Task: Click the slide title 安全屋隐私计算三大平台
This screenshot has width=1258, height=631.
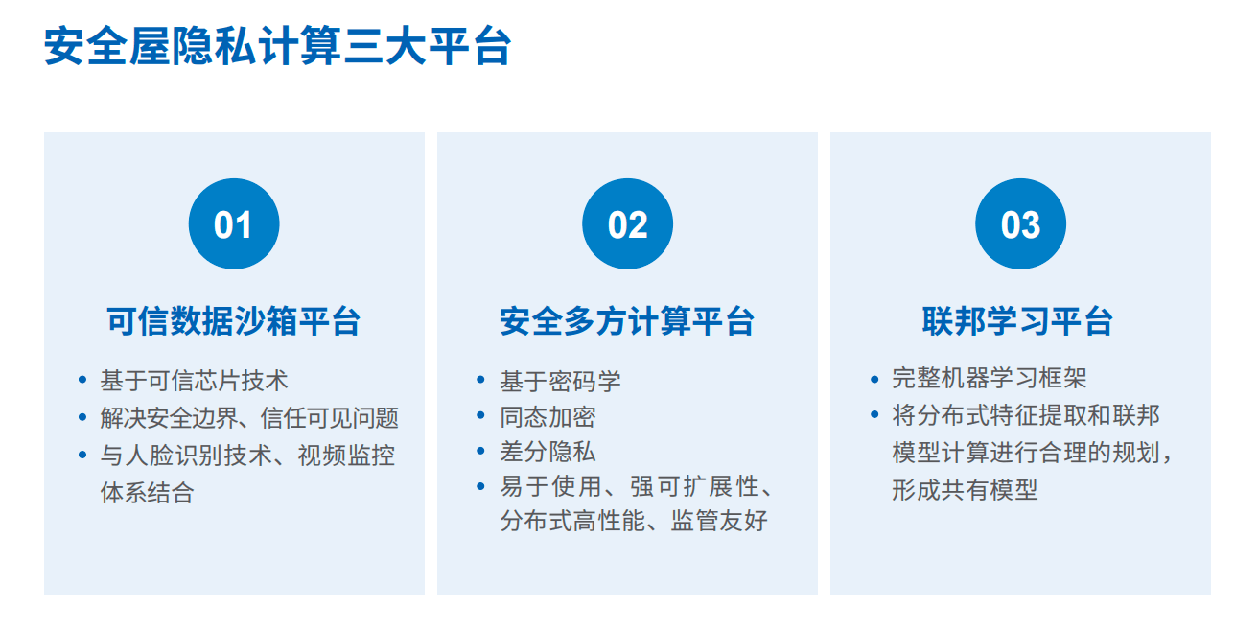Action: coord(278,46)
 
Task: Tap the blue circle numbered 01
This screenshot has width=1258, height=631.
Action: coord(234,223)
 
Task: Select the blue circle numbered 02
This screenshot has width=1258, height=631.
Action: coord(627,223)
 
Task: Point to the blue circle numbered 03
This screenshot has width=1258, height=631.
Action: coord(1020,223)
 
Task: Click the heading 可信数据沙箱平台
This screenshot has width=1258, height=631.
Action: coord(234,321)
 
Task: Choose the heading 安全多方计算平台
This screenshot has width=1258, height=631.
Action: coord(627,321)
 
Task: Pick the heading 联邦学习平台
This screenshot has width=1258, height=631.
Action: coord(1017,321)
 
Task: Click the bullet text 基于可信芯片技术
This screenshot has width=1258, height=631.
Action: coord(195,381)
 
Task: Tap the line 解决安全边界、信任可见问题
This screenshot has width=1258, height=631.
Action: coord(249,418)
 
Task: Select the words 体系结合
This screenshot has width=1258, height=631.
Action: coord(147,493)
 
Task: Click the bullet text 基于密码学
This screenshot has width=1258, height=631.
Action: coord(561,382)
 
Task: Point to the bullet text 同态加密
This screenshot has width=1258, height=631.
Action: coord(547,417)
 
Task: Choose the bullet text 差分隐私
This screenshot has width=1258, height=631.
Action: coord(547,452)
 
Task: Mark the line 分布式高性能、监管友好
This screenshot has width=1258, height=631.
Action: coord(634,521)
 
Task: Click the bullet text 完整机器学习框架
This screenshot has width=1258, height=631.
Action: coord(990,378)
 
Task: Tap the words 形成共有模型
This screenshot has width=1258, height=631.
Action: coord(965,490)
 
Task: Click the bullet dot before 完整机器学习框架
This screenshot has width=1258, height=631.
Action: coord(874,380)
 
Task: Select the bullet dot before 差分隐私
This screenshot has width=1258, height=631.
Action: coord(480,451)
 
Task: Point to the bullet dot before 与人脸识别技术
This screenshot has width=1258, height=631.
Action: coord(82,454)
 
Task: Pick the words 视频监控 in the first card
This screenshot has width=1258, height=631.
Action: coord(346,456)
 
